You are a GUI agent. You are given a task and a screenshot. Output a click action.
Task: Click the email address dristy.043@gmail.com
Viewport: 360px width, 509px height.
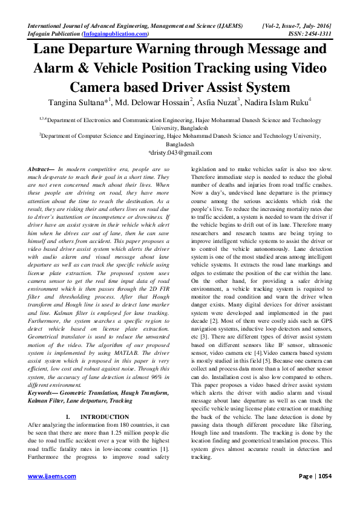(180, 154)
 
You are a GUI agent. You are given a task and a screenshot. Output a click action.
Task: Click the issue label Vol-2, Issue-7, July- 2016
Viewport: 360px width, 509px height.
(296, 27)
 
